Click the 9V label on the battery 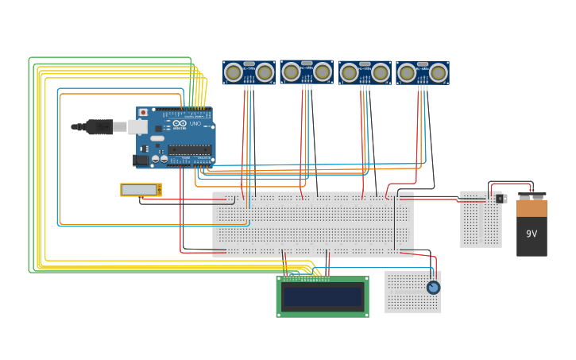pos(532,234)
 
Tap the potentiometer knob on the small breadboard pos(433,288)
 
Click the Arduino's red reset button pos(143,113)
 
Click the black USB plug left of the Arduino pos(99,126)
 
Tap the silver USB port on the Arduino pos(137,126)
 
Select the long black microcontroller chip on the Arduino pos(189,149)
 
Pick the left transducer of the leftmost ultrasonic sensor pos(234,73)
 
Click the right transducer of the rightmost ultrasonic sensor pos(439,73)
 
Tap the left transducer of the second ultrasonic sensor pos(292,72)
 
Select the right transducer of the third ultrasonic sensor pos(381,73)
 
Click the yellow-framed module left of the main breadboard pos(141,190)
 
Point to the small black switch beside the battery pos(501,199)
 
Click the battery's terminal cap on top pos(532,195)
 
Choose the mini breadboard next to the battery pos(480,219)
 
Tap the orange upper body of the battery pos(532,208)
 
